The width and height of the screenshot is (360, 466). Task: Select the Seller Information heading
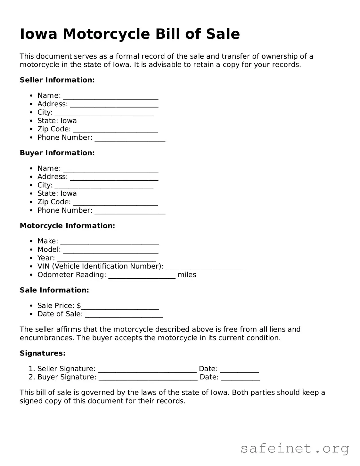57,80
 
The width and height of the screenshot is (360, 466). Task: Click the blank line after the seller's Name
110,96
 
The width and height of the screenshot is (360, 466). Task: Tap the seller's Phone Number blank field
130,138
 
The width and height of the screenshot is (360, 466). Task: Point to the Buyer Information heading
57,153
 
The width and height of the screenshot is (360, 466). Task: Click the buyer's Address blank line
114,177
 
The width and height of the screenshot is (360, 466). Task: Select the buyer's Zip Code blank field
115,203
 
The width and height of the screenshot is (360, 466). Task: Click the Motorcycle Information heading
67,226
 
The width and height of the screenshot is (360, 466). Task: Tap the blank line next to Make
110,242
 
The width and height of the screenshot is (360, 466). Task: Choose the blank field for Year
106,259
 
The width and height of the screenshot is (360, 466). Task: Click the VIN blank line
204,267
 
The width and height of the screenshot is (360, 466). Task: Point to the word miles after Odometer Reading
187,275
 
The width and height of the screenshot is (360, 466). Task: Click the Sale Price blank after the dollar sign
120,307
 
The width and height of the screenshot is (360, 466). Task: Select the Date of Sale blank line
124,315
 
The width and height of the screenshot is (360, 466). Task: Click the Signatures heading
43,353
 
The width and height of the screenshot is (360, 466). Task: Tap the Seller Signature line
147,370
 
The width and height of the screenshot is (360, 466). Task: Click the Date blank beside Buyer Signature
240,378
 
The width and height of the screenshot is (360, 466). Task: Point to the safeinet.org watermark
294,448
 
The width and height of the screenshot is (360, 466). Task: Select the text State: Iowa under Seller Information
57,121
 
